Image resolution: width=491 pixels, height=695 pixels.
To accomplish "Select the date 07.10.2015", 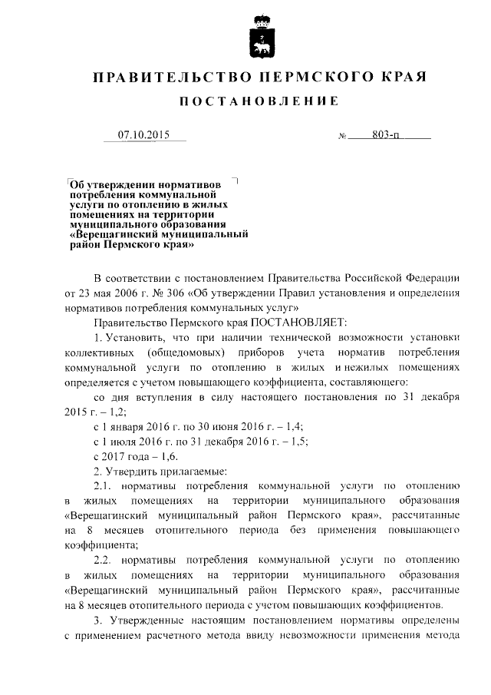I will point(143,135).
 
